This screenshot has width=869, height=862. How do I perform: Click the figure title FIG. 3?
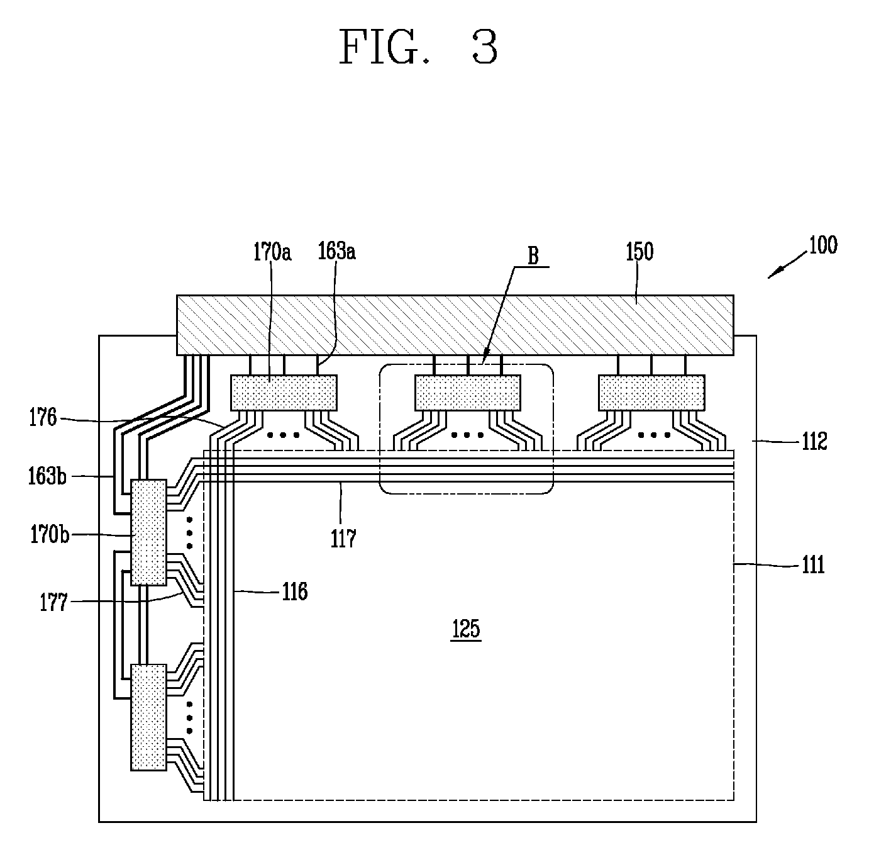click(x=418, y=47)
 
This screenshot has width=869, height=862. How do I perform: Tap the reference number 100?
click(x=823, y=245)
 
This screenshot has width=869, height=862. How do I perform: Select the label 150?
click(x=639, y=252)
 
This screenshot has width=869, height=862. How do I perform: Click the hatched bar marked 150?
click(x=455, y=325)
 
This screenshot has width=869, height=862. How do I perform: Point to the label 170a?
click(x=272, y=252)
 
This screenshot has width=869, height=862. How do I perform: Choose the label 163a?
click(x=336, y=251)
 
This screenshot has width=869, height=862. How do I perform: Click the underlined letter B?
click(x=533, y=256)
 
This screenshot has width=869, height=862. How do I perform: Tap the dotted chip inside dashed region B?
click(x=468, y=393)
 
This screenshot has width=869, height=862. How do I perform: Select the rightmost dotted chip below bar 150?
click(x=651, y=393)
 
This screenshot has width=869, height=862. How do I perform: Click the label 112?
click(x=814, y=441)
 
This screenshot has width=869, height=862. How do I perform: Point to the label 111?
click(x=813, y=564)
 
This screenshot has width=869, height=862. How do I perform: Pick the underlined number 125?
click(x=466, y=628)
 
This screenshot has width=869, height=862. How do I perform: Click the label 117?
click(x=343, y=539)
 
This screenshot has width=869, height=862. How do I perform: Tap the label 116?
click(x=294, y=591)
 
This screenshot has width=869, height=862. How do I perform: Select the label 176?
click(x=43, y=417)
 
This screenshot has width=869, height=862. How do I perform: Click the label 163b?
click(x=47, y=476)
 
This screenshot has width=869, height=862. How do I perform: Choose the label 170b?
click(x=50, y=535)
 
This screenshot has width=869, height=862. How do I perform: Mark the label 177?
click(x=53, y=603)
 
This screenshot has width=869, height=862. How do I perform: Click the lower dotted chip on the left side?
click(x=148, y=717)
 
